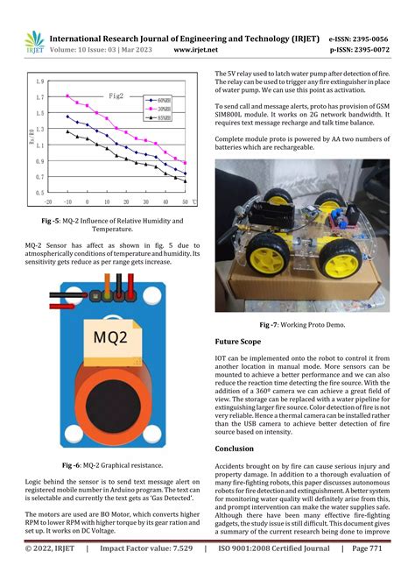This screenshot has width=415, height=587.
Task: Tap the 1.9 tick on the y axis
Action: (x=40, y=81)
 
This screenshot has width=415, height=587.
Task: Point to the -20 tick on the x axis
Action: (x=49, y=200)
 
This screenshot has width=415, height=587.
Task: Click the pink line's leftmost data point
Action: (x=68, y=95)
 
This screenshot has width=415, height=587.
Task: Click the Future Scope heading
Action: (x=237, y=341)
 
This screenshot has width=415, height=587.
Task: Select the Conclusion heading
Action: (x=235, y=448)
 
